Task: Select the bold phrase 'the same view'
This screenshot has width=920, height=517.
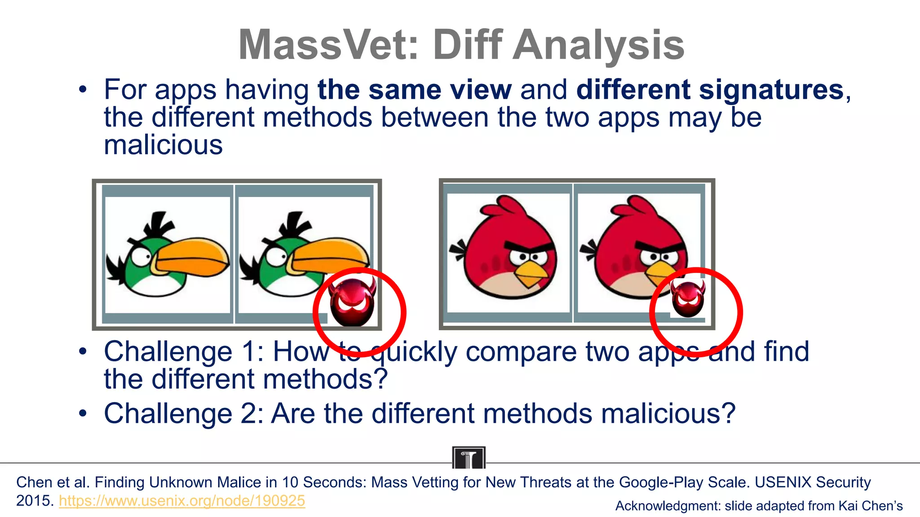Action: [x=414, y=89]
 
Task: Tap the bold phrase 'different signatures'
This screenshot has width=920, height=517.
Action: [x=710, y=89]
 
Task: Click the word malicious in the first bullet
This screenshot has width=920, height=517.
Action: [x=163, y=145]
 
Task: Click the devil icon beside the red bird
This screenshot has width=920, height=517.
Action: [x=687, y=298]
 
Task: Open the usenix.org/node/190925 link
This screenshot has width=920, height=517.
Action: [x=182, y=501]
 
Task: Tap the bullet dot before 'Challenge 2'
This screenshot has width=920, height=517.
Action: [x=82, y=413]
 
